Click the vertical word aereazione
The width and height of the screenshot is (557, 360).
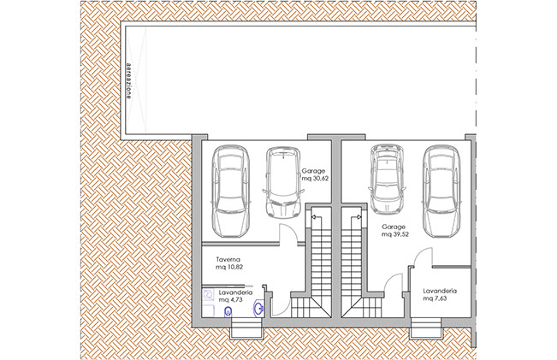coord(129,80)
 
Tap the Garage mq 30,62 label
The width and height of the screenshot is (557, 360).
coord(315,174)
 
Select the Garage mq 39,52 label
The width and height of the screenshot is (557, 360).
coord(395,230)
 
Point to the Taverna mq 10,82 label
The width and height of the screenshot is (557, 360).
coord(229,263)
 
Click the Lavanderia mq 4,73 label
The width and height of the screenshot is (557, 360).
coord(235,296)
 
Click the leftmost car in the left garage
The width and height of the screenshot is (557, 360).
coord(231,192)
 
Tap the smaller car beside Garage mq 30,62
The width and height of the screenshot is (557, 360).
coord(283,182)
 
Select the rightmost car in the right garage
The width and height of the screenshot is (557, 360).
coord(441,192)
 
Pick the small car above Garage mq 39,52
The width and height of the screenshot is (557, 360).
coord(387,179)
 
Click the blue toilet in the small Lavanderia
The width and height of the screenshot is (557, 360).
coord(228,312)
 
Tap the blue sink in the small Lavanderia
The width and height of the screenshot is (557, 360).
coord(258,308)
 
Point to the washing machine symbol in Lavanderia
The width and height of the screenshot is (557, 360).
coord(208,294)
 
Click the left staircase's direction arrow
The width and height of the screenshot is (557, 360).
coord(317,217)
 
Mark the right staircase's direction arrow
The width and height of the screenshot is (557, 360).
coord(357,217)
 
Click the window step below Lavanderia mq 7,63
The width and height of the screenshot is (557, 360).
coord(425,329)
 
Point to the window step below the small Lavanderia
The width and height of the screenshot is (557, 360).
coord(246,329)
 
